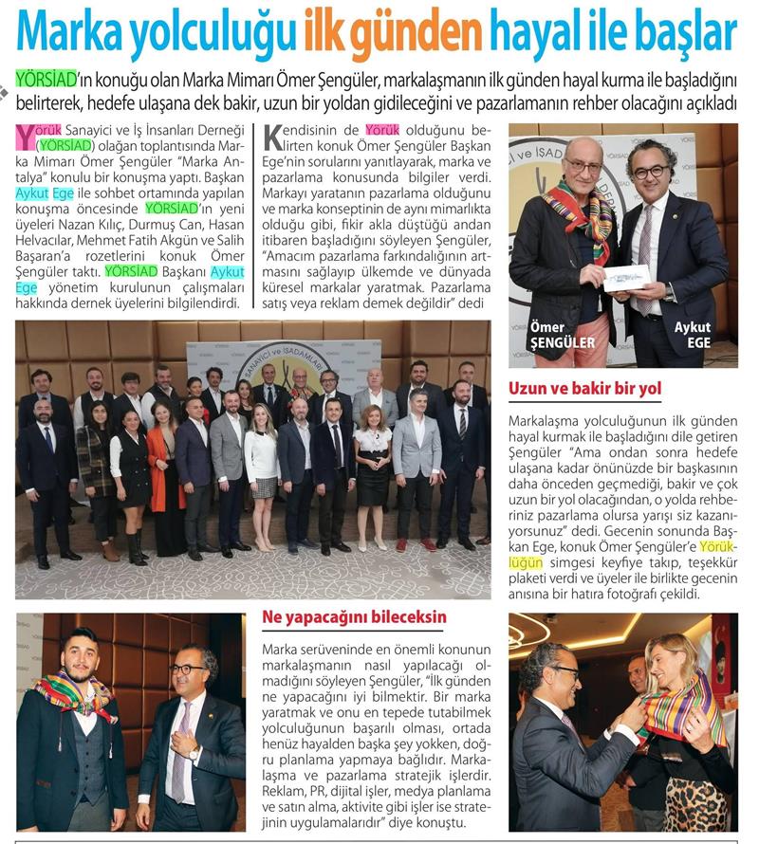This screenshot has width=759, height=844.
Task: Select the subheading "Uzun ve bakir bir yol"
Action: click(584, 389)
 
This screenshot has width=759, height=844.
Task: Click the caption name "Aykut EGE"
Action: click(693, 335)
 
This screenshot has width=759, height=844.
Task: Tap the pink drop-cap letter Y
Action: click(27, 138)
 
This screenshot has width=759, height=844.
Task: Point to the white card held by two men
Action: click(626, 278)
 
